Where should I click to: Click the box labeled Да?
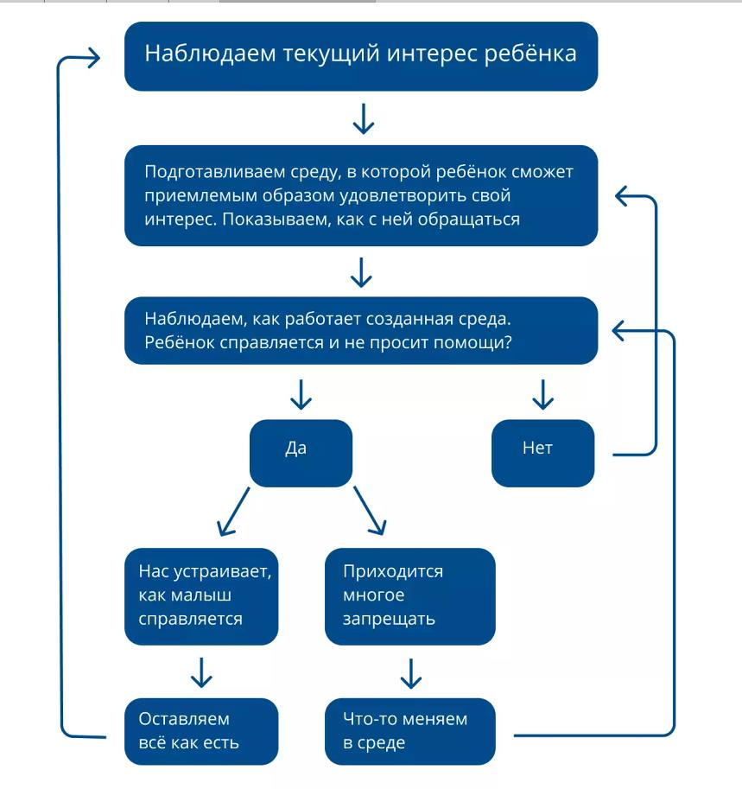coord(301,453)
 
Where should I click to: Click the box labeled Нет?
coord(542,453)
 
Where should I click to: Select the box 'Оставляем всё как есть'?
coord(201,731)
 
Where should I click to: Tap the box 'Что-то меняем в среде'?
coord(410,731)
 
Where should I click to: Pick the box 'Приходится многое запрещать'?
coord(410,596)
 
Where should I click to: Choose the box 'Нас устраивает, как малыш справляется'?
coord(201,596)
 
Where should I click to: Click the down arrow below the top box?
coord(363,118)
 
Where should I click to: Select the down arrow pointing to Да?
coord(301,394)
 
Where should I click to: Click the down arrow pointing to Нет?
coord(542,394)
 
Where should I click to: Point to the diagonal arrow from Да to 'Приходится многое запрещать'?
coord(370,510)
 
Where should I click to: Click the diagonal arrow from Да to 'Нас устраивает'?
coord(233,512)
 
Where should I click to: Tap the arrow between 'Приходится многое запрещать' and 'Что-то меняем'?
coord(411,674)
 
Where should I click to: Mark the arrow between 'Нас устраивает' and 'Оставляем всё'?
coord(201,672)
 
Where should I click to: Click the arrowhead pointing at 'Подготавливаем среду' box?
coord(622,196)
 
